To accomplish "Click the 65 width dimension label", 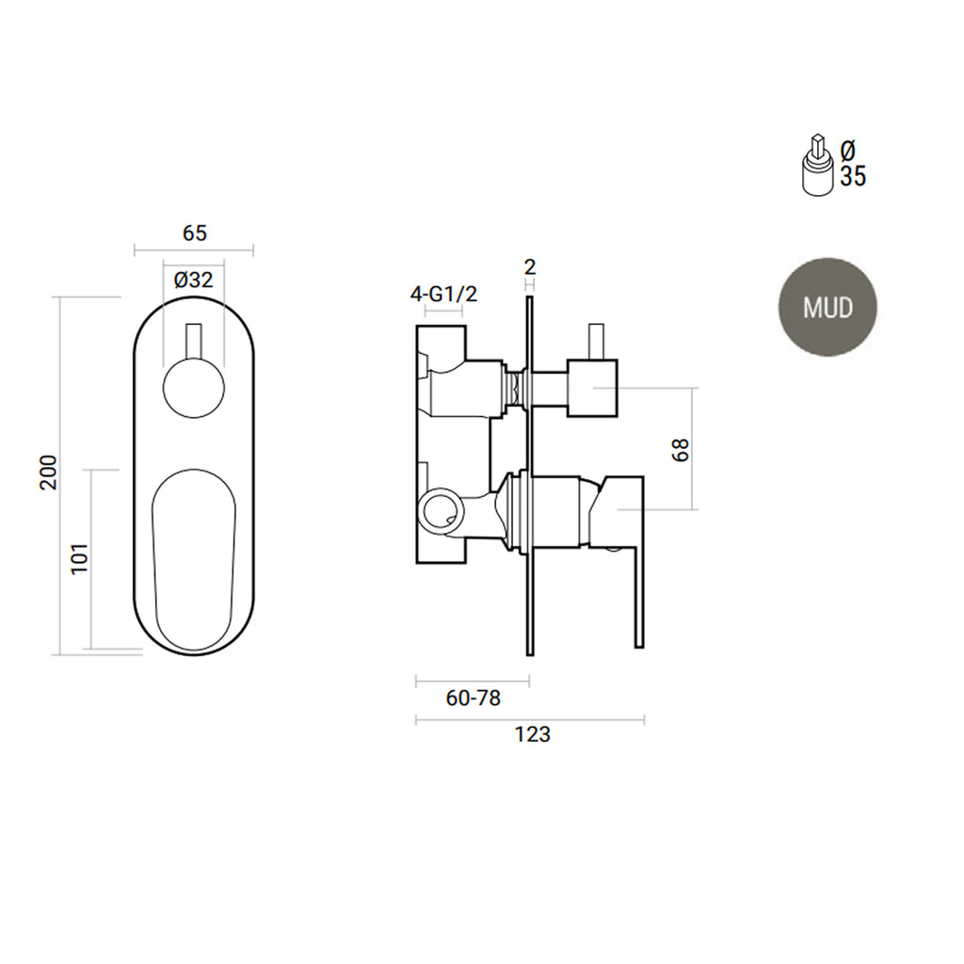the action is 194,233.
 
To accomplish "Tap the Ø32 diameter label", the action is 194,281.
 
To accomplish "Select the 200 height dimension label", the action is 49,473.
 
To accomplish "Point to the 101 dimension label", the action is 81,559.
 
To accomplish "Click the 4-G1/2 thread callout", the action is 444,295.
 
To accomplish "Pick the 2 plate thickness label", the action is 530,267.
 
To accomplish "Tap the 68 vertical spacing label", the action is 681,450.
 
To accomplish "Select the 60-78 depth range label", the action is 474,699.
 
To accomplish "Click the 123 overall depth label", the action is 533,734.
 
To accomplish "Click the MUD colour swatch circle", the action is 827,307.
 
